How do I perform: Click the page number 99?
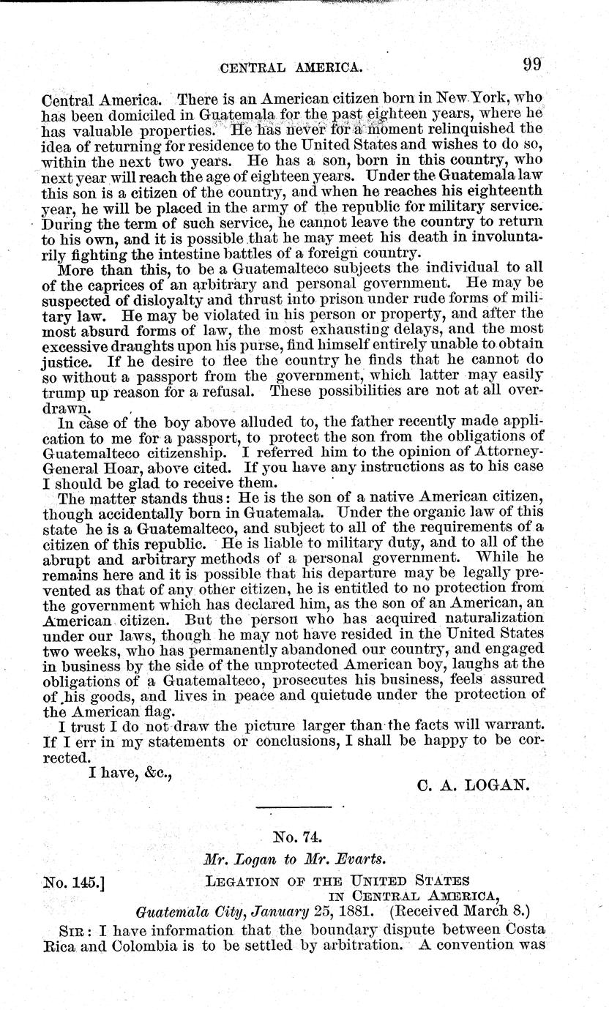tap(531, 64)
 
